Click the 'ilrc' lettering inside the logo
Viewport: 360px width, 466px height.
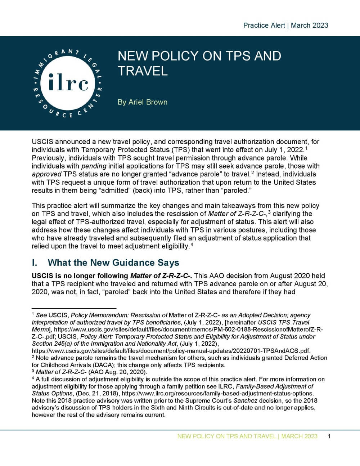coord(68,83)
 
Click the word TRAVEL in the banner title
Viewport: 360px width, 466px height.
coord(143,71)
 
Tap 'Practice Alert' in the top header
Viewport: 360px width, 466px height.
coord(264,25)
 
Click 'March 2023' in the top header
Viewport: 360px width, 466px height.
coord(310,25)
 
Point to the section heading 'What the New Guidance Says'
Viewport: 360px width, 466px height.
coord(113,263)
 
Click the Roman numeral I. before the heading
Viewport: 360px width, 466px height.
coord(35,263)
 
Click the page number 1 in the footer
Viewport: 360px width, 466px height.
coord(329,436)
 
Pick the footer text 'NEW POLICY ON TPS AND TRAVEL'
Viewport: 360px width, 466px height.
coord(226,436)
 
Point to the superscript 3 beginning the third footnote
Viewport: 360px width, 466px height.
coord(33,371)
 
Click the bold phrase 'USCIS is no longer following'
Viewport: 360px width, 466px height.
coord(80,276)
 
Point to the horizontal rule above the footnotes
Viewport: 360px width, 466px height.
coord(74,308)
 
